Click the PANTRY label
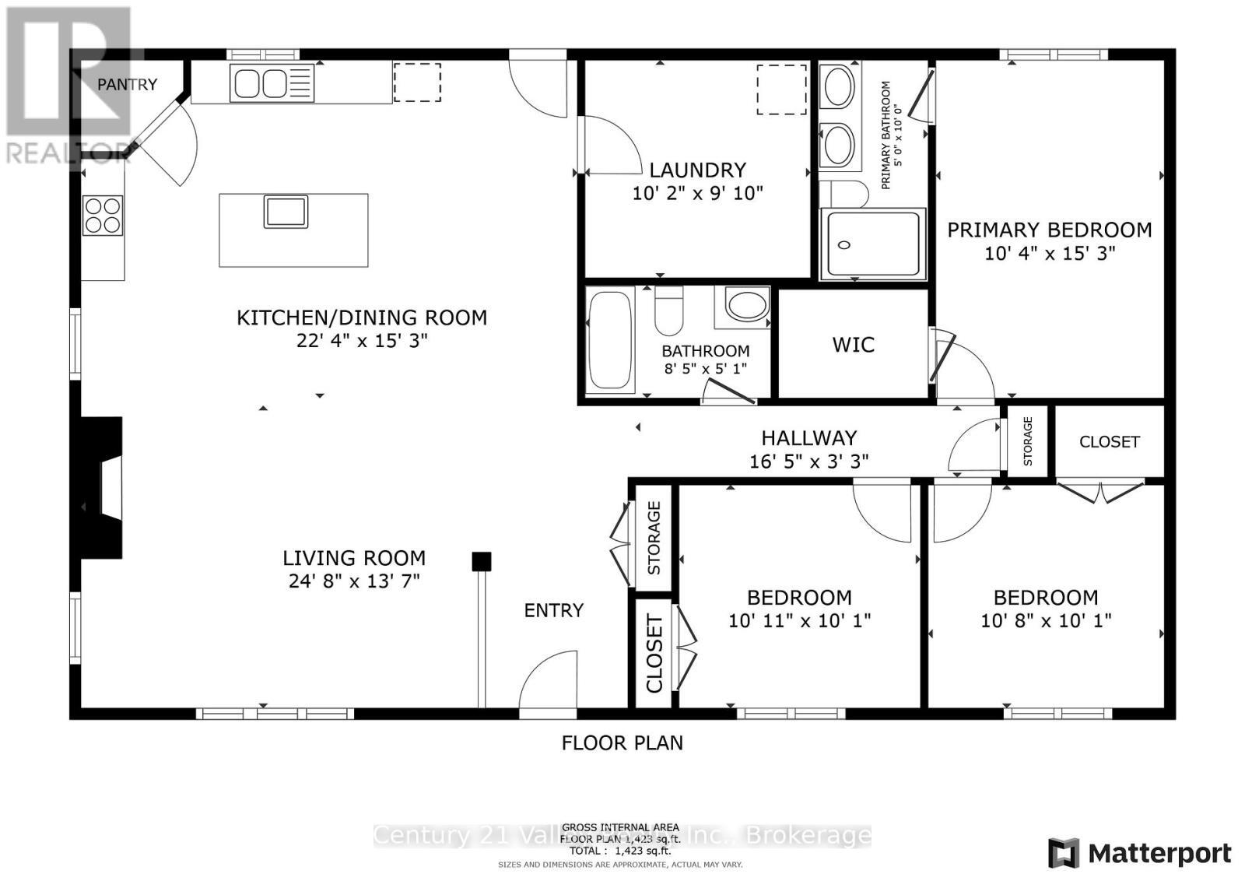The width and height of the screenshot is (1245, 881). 128,84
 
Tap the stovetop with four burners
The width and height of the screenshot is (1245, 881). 103,216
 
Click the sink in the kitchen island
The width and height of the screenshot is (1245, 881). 286,212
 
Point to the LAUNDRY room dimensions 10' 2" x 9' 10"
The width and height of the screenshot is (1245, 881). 697,193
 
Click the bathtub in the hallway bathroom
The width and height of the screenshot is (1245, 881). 611,340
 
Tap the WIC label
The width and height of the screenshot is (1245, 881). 854,344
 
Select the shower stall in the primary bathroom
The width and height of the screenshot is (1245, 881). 872,244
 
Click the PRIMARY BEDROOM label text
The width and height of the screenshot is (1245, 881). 1049,230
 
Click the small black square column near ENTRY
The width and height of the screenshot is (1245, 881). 482,561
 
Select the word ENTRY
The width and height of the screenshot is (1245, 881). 553,610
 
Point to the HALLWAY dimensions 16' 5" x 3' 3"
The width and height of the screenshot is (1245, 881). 808,462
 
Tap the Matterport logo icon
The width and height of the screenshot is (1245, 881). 1064,853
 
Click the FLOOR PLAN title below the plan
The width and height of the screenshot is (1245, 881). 622,742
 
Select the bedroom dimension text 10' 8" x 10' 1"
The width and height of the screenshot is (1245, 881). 1045,620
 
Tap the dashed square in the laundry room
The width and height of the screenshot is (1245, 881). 781,90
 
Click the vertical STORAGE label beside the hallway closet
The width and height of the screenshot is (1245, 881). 1027,441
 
